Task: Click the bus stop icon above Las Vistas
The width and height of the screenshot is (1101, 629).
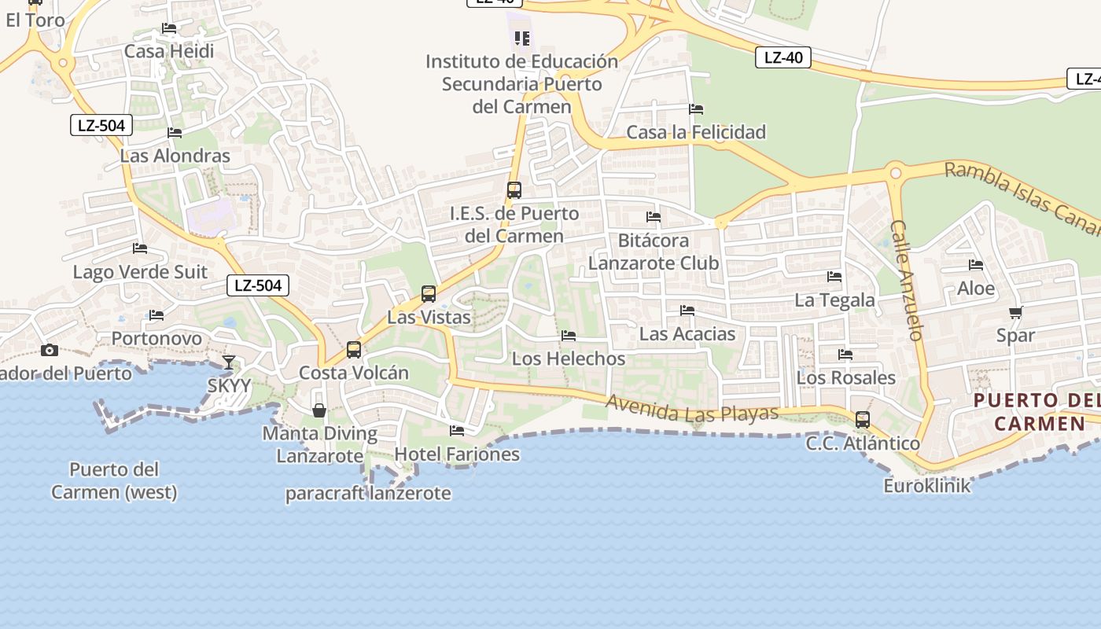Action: tap(429, 294)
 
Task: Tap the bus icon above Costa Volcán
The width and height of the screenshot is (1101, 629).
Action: tap(354, 349)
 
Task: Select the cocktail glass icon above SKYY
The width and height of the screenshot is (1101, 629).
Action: tap(229, 362)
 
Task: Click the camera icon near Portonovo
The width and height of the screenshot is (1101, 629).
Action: tap(50, 350)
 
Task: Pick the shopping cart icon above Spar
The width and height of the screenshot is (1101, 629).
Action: tap(1015, 312)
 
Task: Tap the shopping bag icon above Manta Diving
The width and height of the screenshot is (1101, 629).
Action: tap(319, 410)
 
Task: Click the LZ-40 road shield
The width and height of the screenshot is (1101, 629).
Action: tap(782, 57)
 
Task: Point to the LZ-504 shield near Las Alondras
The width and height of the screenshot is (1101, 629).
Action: tap(101, 125)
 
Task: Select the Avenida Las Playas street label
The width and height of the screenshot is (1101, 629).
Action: tap(692, 407)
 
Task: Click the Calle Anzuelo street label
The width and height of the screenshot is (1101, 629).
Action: tap(906, 279)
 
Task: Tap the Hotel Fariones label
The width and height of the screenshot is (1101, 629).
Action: tap(457, 454)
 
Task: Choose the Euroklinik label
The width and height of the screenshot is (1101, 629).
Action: tap(927, 486)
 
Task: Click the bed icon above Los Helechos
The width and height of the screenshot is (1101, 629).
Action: tap(569, 336)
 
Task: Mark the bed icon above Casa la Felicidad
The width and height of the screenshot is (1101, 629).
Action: tap(696, 109)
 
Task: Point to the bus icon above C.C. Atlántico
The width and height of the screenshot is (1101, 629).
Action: tap(863, 419)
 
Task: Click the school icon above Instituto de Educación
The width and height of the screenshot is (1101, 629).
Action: tap(522, 38)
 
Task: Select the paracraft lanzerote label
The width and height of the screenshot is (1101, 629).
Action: tap(368, 494)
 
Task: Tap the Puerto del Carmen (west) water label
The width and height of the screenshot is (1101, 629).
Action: tap(114, 480)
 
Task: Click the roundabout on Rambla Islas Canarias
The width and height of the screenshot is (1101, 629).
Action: tap(895, 172)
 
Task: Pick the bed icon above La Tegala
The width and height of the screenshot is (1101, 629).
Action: tap(834, 277)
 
